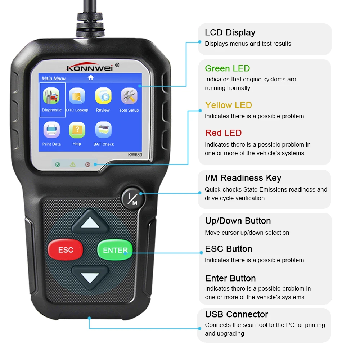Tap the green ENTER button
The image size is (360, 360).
115,250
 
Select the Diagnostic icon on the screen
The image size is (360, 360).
52,96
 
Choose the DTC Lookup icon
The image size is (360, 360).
77,96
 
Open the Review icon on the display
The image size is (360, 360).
103,96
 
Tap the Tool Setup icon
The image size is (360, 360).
129,96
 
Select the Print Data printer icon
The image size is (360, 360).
51,130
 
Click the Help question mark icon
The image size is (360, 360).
77,130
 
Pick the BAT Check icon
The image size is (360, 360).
103,130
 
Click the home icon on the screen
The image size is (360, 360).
90,77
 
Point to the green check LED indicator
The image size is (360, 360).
58,165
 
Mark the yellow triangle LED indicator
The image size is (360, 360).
73,165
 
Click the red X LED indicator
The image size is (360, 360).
87,165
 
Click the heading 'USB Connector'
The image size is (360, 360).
237,314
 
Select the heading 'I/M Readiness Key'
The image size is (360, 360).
243,178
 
